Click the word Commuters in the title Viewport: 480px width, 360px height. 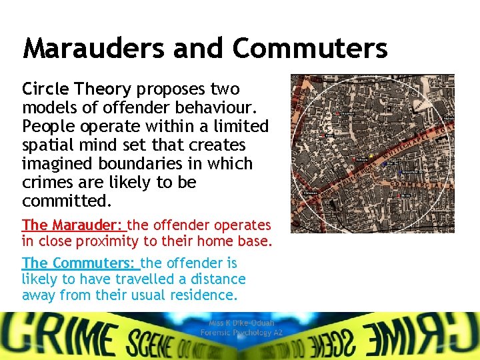[x=309, y=48]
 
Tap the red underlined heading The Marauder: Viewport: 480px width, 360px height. [x=74, y=225]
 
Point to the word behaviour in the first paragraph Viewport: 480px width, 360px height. [x=204, y=108]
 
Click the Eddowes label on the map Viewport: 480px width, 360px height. [x=311, y=193]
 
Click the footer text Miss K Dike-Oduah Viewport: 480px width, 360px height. [x=241, y=323]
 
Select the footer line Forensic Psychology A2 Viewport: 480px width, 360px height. [x=241, y=333]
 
